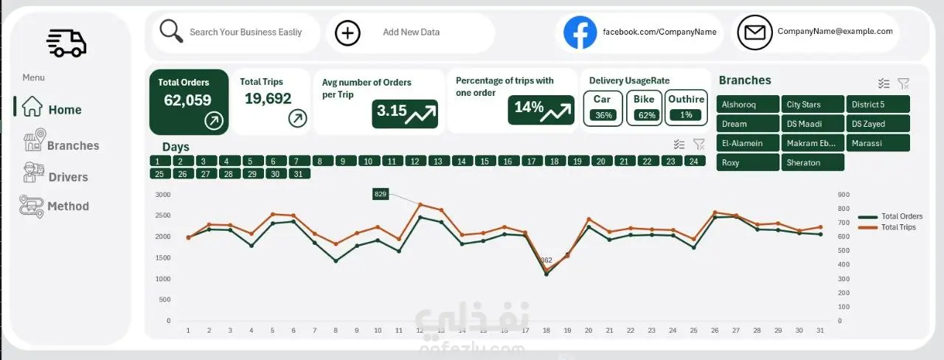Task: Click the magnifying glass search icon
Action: coord(171,31)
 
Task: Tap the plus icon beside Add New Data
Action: coord(347,33)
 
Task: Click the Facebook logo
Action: coord(580,33)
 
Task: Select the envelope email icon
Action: coord(754,32)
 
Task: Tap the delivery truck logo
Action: coord(66,44)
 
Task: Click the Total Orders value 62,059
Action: coord(187,100)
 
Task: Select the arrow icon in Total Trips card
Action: coord(297,117)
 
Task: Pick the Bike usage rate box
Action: coord(644,108)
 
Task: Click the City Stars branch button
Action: coord(811,105)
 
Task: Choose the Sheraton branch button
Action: coord(811,162)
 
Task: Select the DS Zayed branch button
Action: coord(877,124)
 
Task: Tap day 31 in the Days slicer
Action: coord(298,174)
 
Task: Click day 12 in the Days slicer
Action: coord(415,161)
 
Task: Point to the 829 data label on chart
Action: coord(381,194)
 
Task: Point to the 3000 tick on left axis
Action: coord(163,195)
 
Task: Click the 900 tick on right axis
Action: coord(844,195)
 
